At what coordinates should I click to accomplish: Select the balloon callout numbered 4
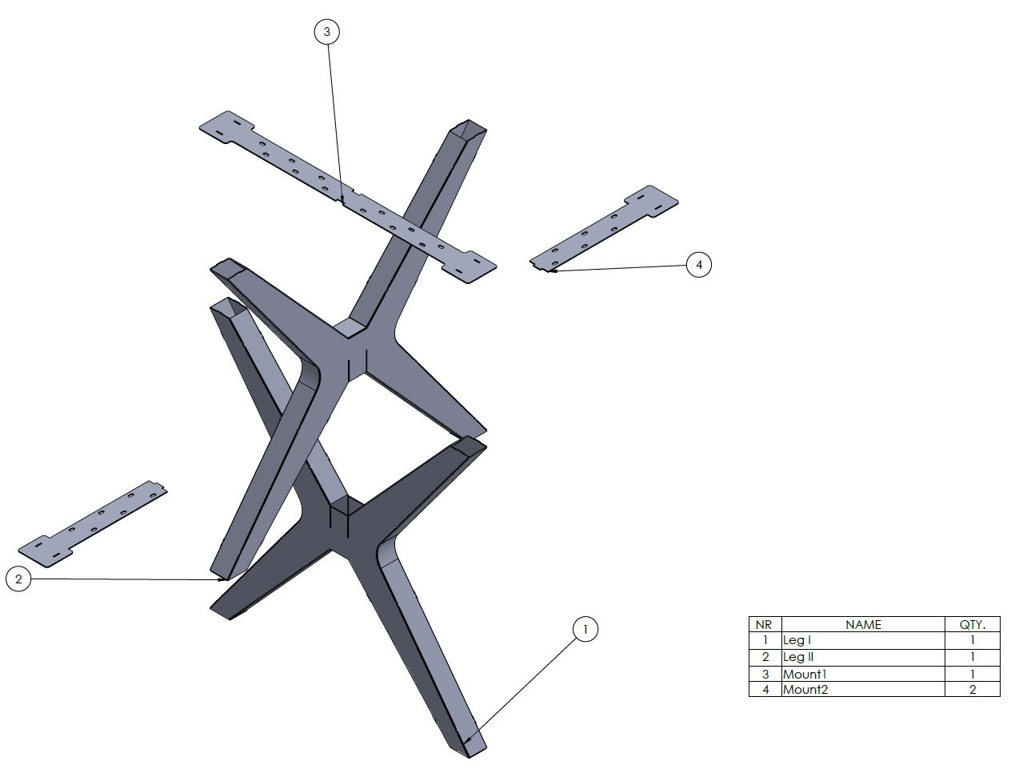(699, 264)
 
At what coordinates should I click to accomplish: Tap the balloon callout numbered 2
(18, 579)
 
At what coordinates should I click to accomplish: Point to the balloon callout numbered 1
(585, 630)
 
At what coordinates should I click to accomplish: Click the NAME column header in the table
(863, 624)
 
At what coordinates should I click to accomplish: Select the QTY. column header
(972, 624)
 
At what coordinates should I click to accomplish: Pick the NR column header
(765, 624)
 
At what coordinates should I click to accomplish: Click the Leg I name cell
(863, 641)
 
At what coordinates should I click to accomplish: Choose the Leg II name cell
(863, 657)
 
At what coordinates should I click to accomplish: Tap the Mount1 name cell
(863, 674)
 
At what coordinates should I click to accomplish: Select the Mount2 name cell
(863, 689)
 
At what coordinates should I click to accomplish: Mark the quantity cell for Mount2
(972, 689)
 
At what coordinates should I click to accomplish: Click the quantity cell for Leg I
(972, 641)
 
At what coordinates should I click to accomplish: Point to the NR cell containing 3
(765, 674)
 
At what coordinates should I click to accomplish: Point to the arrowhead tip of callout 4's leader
(549, 271)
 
